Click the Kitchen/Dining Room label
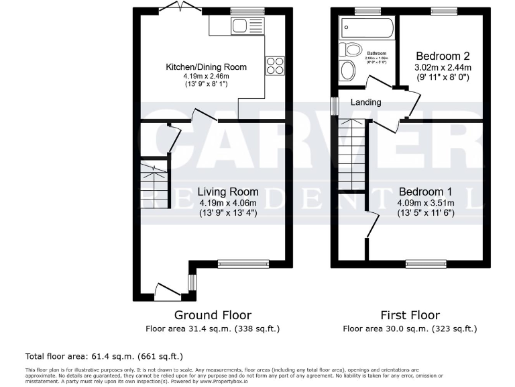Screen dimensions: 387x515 click(207, 67)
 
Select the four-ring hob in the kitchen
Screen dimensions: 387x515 click(275, 64)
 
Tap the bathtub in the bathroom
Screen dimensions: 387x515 click(367, 28)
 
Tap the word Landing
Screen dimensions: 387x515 click(366, 102)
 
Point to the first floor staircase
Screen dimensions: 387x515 click(351, 155)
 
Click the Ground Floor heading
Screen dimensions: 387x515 click(213, 315)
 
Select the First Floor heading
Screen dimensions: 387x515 click(410, 315)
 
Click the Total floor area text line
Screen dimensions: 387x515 click(103, 356)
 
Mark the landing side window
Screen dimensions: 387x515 click(334, 107)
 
